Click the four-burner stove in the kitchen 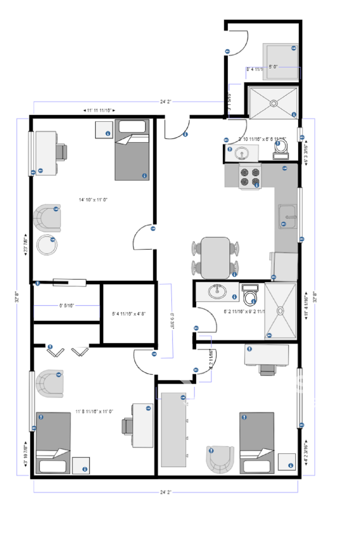(250, 177)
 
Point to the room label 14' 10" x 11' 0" (93, 199)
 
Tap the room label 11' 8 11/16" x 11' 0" (94, 411)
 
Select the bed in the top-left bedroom (132, 150)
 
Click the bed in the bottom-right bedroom (256, 442)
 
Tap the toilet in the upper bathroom (281, 150)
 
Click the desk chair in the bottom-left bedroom (126, 425)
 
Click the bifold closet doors (67, 351)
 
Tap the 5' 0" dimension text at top (274, 67)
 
